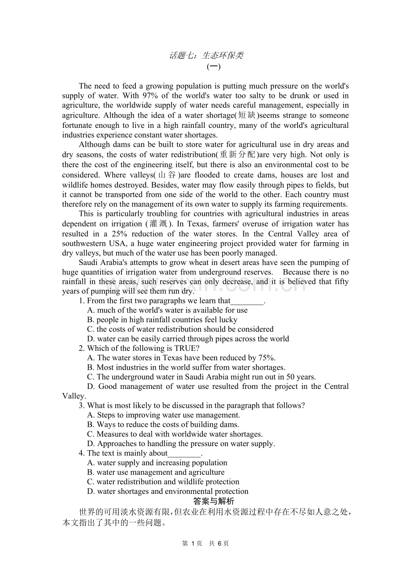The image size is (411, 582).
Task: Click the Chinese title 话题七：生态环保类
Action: click(206, 55)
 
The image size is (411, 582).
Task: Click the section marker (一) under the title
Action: click(214, 67)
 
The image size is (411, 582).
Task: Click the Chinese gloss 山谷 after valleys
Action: click(166, 175)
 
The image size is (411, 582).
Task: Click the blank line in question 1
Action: click(247, 301)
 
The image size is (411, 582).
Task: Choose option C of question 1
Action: click(180, 329)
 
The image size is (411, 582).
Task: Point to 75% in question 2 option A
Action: click(267, 358)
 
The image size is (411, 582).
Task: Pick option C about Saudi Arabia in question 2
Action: click(201, 377)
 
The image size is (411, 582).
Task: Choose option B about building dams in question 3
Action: click(163, 424)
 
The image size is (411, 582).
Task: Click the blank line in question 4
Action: click(184, 453)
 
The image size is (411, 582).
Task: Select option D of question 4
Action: click(168, 491)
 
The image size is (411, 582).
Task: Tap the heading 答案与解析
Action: click(214, 501)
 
